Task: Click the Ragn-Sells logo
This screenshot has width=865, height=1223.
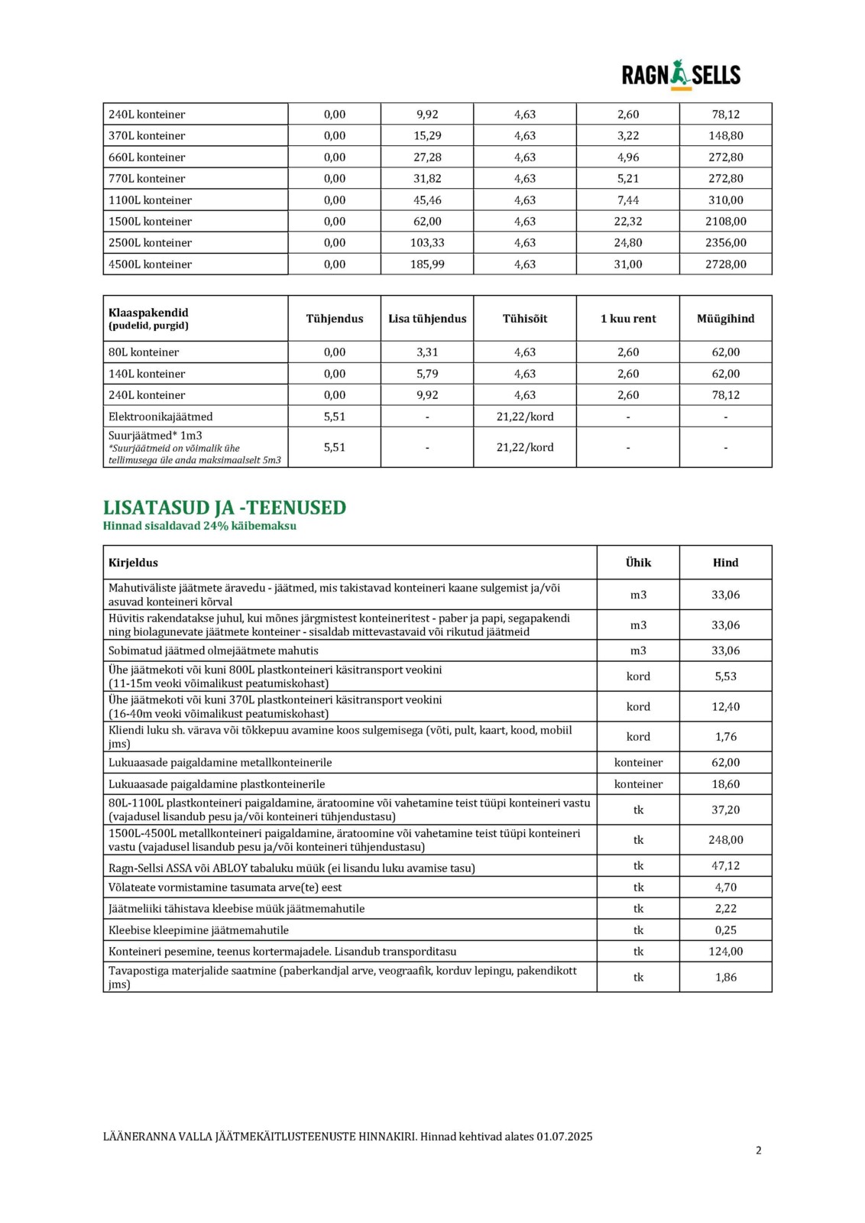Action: coord(681,75)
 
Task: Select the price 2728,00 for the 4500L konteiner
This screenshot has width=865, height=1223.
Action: coord(725,264)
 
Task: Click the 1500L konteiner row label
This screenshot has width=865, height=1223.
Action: coord(150,222)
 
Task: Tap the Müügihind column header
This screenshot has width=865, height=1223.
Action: coord(725,319)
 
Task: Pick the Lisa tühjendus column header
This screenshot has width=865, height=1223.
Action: coord(427,319)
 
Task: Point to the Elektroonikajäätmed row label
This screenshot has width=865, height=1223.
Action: coord(160,417)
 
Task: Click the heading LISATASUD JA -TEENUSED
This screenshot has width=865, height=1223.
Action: coord(225,508)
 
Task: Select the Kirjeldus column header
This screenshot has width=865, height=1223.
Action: coord(133,563)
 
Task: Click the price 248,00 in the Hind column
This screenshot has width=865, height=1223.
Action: coord(725,840)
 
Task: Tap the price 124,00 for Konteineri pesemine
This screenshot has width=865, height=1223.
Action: coord(725,952)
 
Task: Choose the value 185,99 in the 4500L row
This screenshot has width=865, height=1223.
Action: coord(427,264)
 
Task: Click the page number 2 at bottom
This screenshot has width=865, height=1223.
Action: coord(758,1150)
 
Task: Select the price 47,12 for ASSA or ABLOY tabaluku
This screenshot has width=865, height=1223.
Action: coord(725,866)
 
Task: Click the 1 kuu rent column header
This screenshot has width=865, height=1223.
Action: coord(628,319)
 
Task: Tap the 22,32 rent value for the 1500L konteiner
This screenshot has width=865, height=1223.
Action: coord(628,222)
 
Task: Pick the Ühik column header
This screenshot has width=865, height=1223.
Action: coord(638,563)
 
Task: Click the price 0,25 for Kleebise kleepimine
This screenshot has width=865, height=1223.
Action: coord(725,930)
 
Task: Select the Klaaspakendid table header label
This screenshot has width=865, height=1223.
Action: coord(148,313)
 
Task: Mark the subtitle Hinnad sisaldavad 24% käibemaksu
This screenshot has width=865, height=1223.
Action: coord(199,526)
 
